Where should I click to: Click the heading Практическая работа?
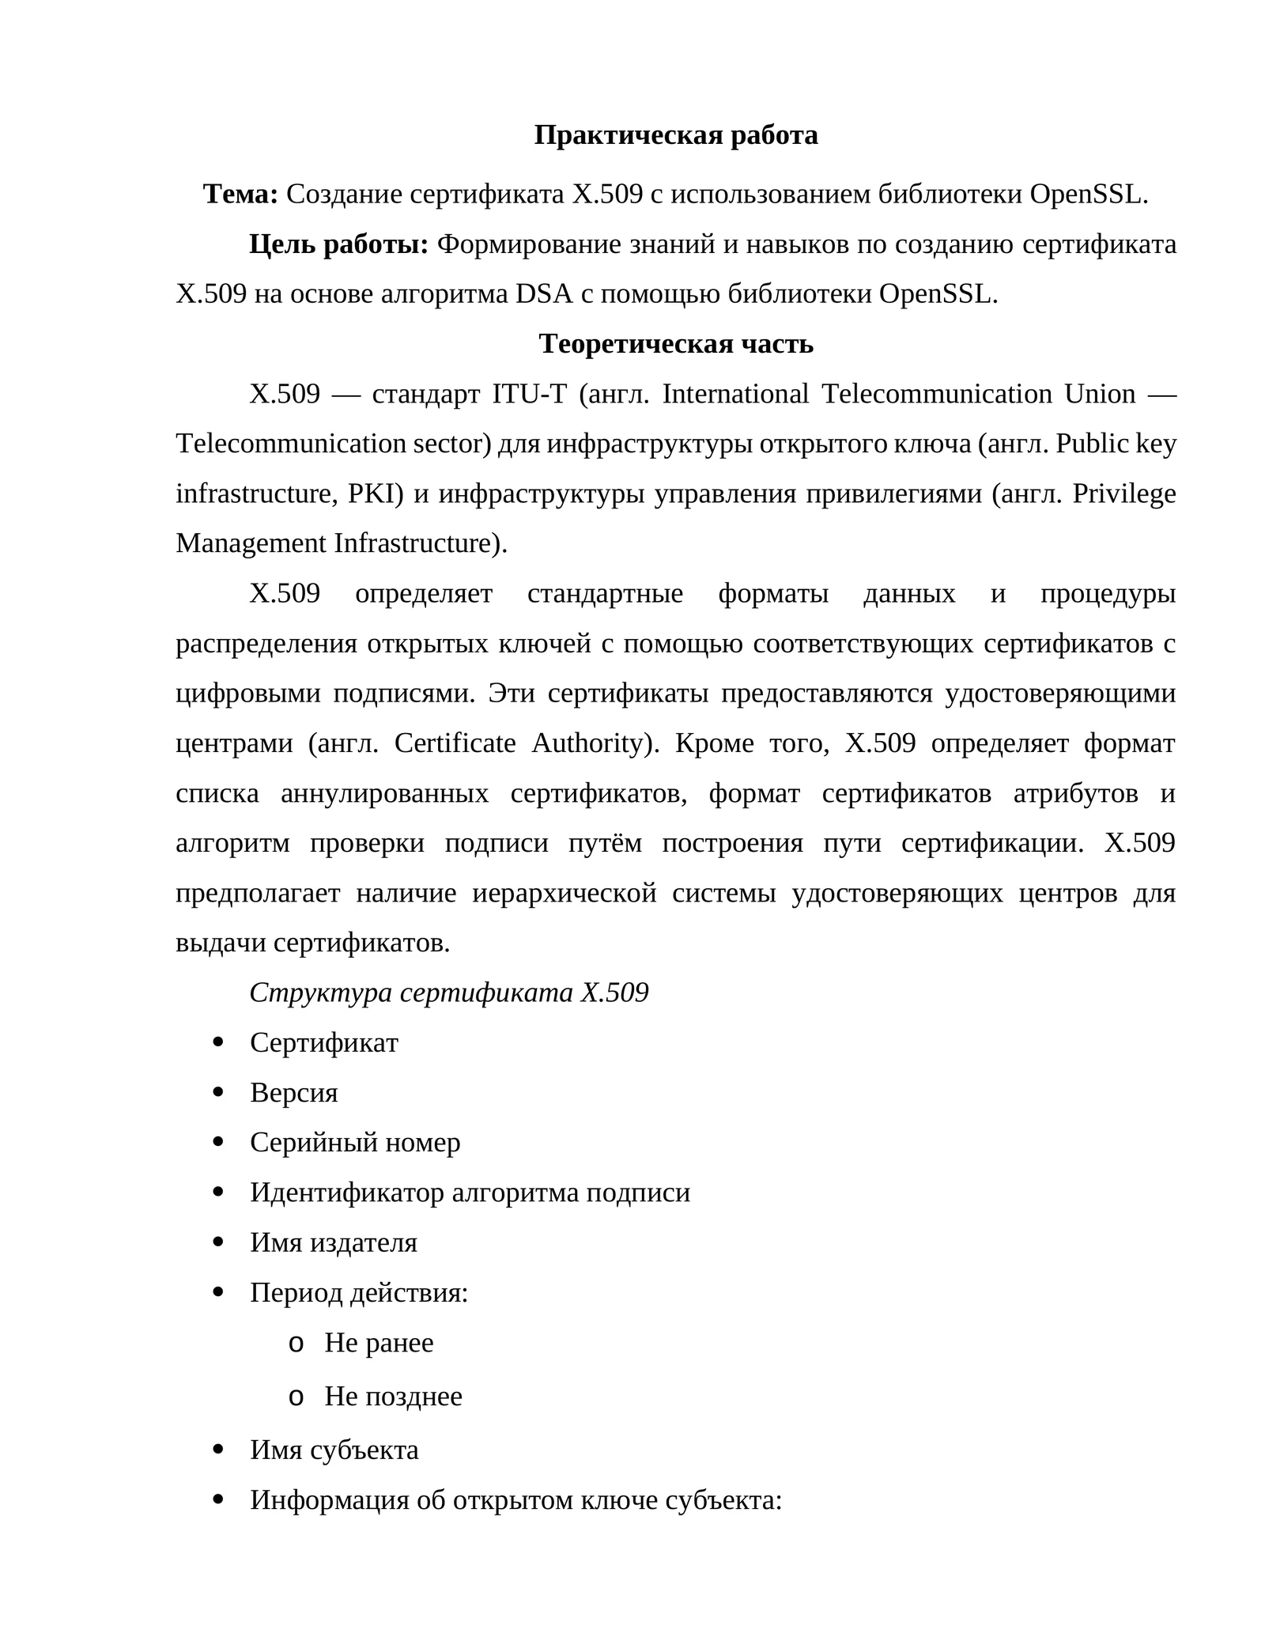click(675, 135)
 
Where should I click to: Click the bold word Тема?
click(240, 194)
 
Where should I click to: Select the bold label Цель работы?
click(338, 244)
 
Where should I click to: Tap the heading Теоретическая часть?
click(675, 344)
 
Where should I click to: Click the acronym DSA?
click(543, 294)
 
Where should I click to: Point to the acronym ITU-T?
click(529, 394)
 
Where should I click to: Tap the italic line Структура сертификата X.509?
click(448, 992)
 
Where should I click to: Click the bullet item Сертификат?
click(324, 1043)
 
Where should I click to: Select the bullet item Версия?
click(293, 1093)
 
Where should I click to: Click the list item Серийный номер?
click(355, 1143)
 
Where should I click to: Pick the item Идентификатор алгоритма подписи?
click(470, 1193)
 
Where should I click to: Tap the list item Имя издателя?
click(333, 1242)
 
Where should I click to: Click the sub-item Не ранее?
click(379, 1343)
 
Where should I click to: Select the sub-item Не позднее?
click(393, 1397)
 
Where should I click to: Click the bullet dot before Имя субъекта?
click(219, 1449)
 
